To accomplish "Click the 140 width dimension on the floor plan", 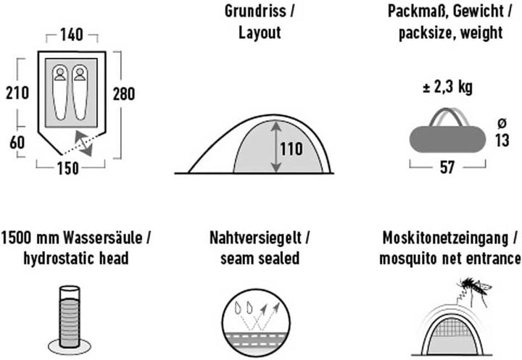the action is coord(72,35).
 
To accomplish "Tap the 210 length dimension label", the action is coord(17,93).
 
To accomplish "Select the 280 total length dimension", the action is coord(124,94).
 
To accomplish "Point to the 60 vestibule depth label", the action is coord(17,143).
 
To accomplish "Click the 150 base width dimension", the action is coord(68,168).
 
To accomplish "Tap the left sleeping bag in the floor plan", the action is coord(60,92).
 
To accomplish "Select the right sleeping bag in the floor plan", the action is coord(80,92).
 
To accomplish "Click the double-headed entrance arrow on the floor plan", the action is coord(83,143).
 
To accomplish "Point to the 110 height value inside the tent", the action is coord(291,148).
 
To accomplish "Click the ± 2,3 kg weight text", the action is coord(447,88).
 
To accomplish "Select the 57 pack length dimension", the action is coord(447,167).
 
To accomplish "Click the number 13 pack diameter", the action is coord(502,140).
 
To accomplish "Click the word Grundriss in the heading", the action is coord(255,11).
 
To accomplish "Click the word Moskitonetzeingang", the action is coord(446,238).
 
